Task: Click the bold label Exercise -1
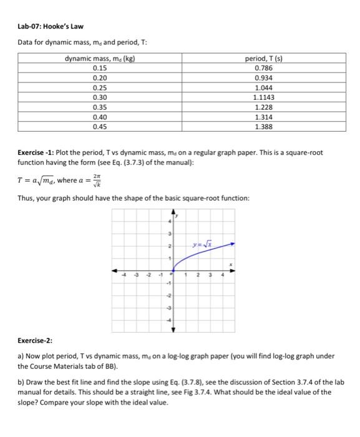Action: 37,152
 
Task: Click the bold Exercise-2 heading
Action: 35,341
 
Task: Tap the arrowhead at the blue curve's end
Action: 232,243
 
